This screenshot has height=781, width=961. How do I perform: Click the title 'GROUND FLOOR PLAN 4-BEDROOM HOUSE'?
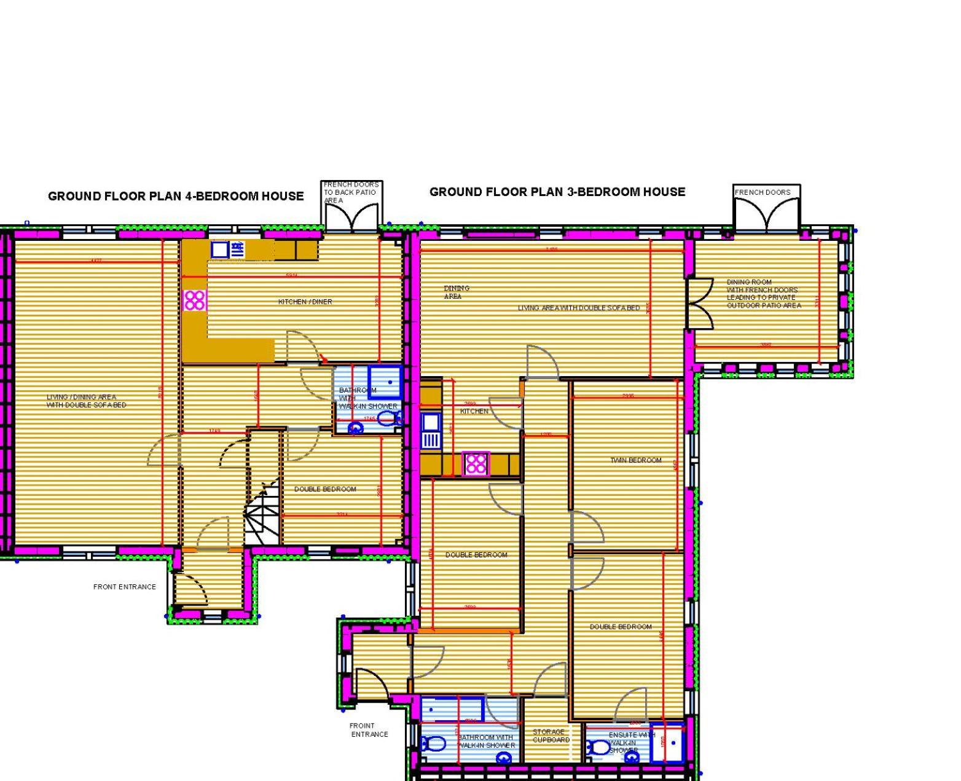(x=176, y=196)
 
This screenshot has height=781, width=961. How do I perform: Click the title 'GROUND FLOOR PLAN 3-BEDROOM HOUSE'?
(x=557, y=192)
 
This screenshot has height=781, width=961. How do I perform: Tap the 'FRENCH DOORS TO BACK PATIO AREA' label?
(x=351, y=192)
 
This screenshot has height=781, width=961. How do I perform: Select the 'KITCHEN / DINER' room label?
(x=305, y=302)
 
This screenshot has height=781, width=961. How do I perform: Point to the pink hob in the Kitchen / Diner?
(x=195, y=300)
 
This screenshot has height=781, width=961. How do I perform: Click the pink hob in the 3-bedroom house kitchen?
(x=476, y=464)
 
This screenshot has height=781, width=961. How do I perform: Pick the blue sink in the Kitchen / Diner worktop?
(x=219, y=249)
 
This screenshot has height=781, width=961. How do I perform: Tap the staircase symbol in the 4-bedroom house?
(x=262, y=510)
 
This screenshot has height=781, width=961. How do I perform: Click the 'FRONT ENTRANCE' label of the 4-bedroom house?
(x=125, y=587)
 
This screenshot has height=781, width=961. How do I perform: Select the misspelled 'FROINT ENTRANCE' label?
(x=369, y=730)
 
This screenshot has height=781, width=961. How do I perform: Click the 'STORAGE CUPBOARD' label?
(x=551, y=736)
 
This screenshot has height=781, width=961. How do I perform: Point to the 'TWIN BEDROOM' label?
(x=636, y=460)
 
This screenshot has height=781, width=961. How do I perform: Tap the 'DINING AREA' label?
(x=457, y=292)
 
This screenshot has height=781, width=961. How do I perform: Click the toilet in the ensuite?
(x=598, y=748)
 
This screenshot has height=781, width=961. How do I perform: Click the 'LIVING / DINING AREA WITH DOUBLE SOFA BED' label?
(x=87, y=401)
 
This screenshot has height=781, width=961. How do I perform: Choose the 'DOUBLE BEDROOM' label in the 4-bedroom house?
(x=325, y=489)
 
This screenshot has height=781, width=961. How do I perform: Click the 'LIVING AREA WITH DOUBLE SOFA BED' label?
(x=578, y=308)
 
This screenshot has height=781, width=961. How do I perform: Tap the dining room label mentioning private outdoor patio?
(x=764, y=294)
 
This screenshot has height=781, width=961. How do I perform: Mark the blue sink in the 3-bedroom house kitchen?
(x=431, y=422)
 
